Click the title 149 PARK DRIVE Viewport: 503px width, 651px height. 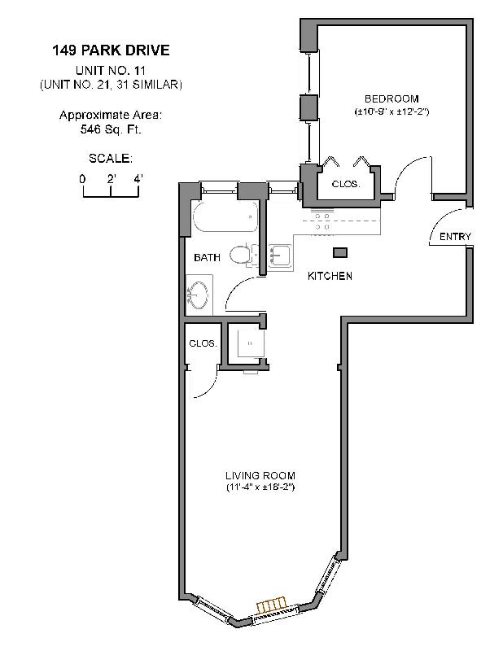[x=111, y=50]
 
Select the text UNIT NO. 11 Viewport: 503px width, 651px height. [x=111, y=70]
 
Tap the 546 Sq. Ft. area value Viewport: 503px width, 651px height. [x=111, y=129]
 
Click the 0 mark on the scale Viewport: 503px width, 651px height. [x=82, y=178]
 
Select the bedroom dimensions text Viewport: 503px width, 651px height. [x=391, y=111]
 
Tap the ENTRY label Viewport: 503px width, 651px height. [x=455, y=237]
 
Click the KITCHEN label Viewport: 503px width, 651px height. [x=330, y=276]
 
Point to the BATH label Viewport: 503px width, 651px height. [x=207, y=258]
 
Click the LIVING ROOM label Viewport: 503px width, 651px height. [x=260, y=475]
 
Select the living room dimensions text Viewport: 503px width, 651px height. [x=260, y=488]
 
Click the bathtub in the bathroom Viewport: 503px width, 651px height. [x=225, y=218]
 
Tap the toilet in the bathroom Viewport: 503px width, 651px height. [x=240, y=256]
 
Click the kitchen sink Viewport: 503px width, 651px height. [x=279, y=255]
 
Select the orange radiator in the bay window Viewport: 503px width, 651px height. [x=272, y=605]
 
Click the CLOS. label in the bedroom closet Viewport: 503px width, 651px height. [x=346, y=184]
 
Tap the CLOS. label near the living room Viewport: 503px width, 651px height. [x=203, y=343]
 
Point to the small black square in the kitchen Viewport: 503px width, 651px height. [x=340, y=252]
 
